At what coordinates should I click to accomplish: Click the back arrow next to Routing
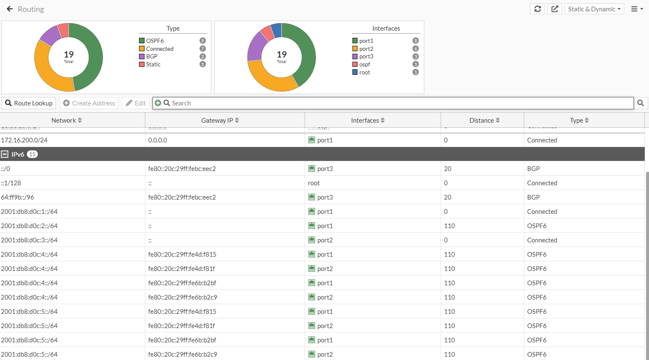tap(10, 9)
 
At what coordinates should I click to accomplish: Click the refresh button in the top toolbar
tap(537, 9)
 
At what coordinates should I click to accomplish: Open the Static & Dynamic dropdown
tap(594, 9)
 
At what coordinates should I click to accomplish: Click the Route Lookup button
tap(29, 103)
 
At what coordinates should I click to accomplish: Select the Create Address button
tap(89, 103)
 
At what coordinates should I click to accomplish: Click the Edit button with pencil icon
tap(136, 103)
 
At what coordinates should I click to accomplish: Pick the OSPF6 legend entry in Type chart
tap(155, 41)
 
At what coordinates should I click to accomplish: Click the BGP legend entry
tap(152, 56)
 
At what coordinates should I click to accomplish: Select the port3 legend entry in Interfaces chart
tap(366, 56)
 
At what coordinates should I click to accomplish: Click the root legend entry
tap(364, 72)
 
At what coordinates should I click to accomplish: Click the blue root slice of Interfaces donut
tap(276, 30)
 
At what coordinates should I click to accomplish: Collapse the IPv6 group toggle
tap(5, 154)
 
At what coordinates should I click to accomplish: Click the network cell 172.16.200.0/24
tap(24, 140)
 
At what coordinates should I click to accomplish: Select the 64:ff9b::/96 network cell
tap(18, 197)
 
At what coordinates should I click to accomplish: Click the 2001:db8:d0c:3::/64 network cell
tap(29, 240)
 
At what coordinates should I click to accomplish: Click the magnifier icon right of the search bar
tap(641, 103)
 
